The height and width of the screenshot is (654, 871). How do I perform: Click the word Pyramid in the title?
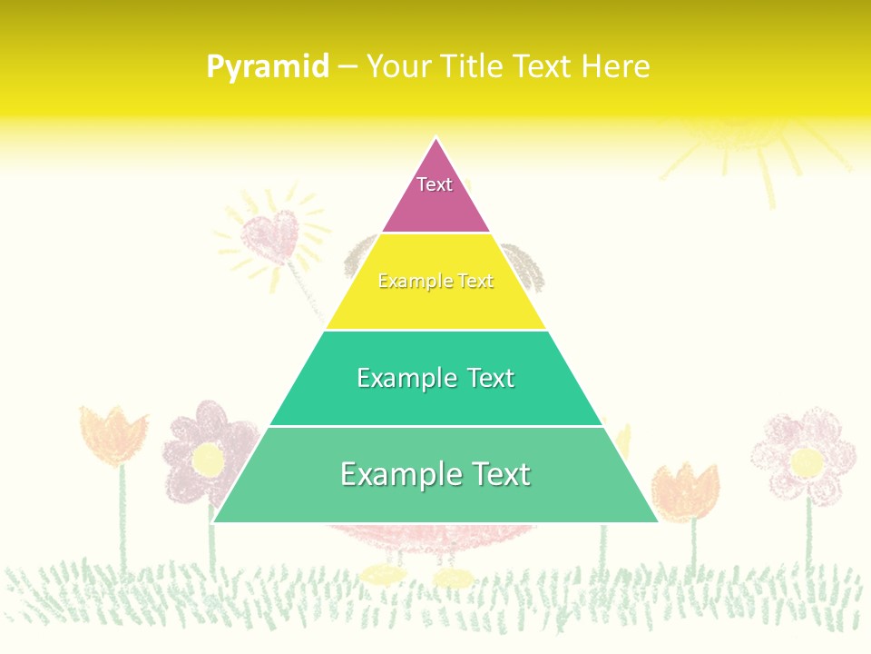[268, 67]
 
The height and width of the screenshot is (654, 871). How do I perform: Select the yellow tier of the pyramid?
[435, 304]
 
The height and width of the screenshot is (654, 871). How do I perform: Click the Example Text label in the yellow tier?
[435, 282]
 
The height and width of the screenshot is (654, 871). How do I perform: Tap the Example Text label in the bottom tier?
[435, 474]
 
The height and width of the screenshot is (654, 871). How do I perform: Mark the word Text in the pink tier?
[435, 184]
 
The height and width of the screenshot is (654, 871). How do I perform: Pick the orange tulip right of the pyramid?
[686, 490]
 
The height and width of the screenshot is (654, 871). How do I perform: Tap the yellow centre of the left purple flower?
[208, 460]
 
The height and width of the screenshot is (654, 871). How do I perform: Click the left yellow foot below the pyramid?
[382, 574]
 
